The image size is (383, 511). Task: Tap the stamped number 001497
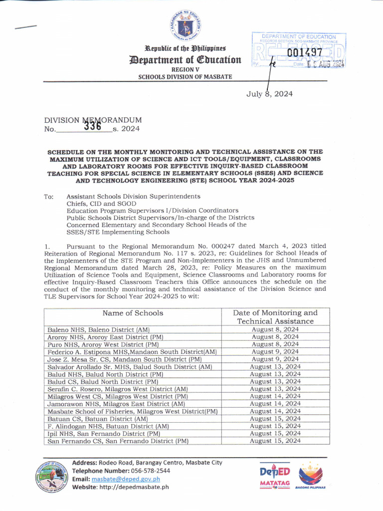click(305, 53)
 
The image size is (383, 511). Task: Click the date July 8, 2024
click(269, 94)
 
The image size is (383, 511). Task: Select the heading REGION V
click(185, 70)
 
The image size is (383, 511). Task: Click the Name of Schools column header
click(133, 313)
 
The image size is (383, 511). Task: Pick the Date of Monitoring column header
click(275, 317)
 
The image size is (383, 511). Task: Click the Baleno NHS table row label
click(99, 330)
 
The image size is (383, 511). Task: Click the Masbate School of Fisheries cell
click(132, 411)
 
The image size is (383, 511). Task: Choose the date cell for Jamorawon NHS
click(275, 404)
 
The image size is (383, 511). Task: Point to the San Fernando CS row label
click(118, 441)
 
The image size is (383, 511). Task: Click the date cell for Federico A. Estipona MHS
click(275, 352)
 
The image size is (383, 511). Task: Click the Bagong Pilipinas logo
click(310, 477)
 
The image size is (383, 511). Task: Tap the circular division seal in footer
click(51, 477)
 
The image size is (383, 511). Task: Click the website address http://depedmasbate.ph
click(135, 487)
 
